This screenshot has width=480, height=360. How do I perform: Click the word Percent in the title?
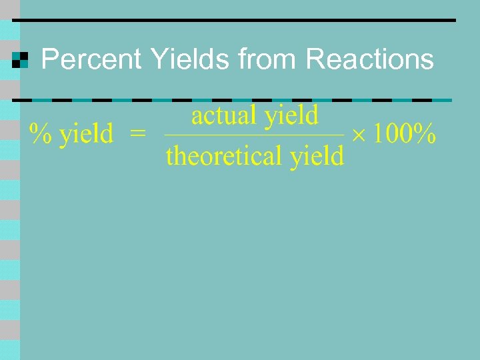pos(91,60)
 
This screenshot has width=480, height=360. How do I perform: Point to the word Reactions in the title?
pos(370,60)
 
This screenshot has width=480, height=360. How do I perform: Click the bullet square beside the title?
pos(21,61)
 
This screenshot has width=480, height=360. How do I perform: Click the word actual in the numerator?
pos(225,116)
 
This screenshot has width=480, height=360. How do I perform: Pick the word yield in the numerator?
pos(292,117)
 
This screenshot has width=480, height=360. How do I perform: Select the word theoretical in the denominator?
pos(224,156)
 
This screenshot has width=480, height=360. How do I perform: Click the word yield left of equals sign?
pos(87,135)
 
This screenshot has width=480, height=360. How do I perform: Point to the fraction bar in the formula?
pos(254,136)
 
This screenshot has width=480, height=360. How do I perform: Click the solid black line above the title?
pos(233,21)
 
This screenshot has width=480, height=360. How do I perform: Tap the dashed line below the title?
pos(233,100)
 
